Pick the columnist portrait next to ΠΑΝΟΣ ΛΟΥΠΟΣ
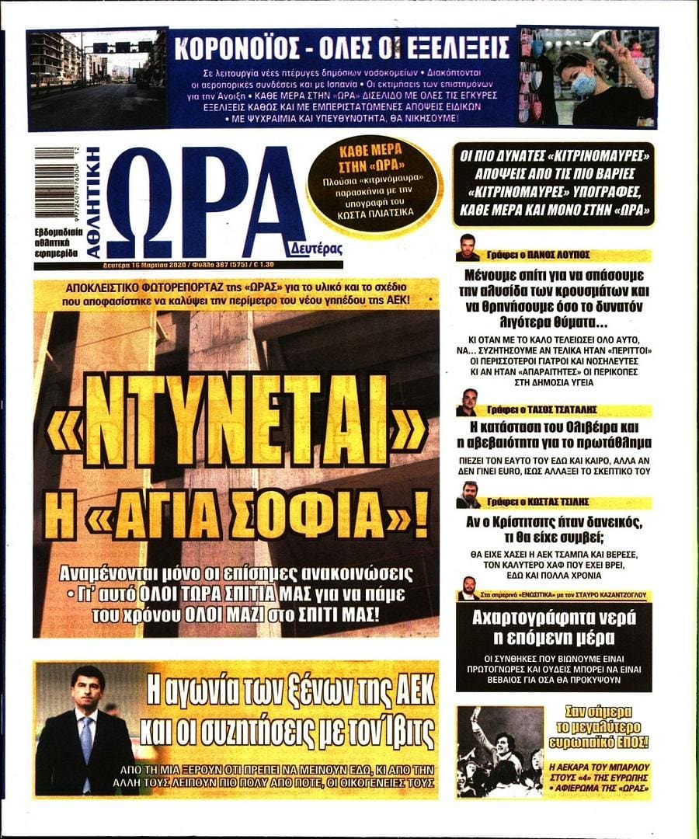468,248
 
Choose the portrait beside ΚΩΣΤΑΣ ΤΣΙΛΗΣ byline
468,495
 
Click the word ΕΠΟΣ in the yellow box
632,742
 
